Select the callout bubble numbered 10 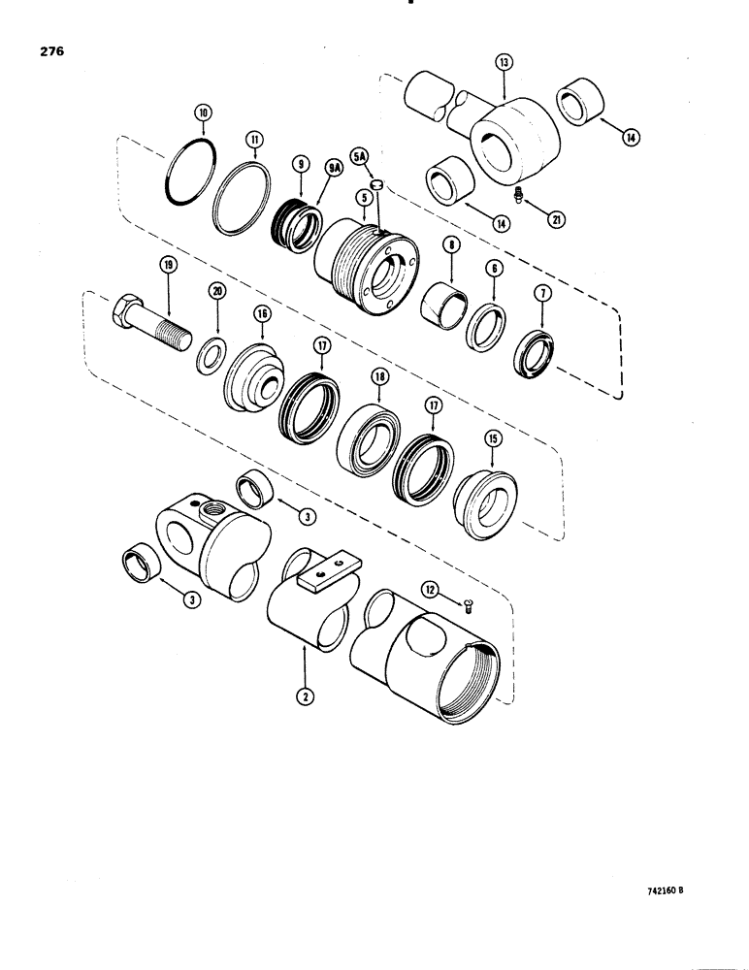202,114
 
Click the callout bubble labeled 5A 357,153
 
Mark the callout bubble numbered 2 304,695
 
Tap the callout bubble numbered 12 429,589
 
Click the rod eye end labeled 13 508,145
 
